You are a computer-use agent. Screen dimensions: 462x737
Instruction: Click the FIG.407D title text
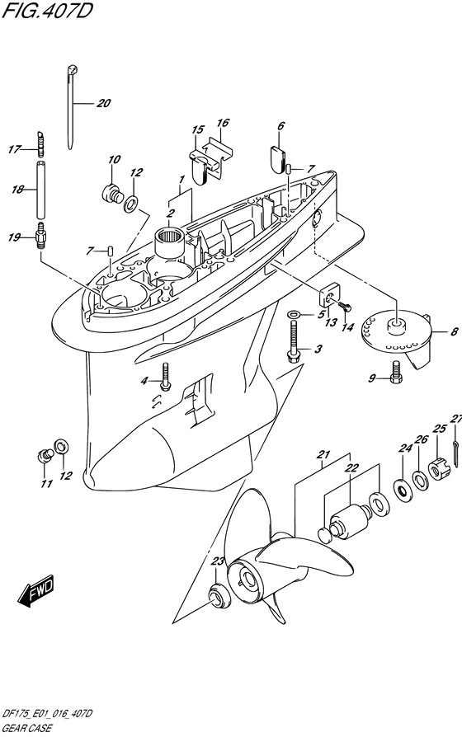tap(47, 11)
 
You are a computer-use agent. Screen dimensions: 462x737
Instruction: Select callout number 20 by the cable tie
tap(103, 103)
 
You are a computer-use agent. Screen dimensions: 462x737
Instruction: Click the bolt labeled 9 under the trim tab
tap(396, 371)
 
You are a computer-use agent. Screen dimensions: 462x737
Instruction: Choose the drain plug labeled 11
tap(45, 454)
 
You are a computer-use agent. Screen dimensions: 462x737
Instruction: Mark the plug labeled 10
tap(112, 192)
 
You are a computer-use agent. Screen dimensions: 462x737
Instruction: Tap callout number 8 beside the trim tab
tap(453, 332)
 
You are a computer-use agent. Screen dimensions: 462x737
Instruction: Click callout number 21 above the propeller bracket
tap(323, 454)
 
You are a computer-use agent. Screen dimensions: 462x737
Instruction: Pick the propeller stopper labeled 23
tap(217, 594)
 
